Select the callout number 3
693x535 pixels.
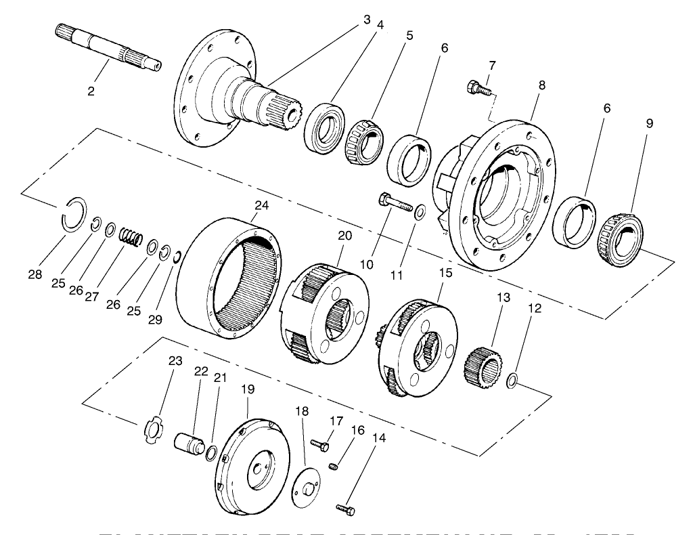coord(366,20)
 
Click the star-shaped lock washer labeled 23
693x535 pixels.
coord(156,430)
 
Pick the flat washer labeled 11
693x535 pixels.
coord(419,213)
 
